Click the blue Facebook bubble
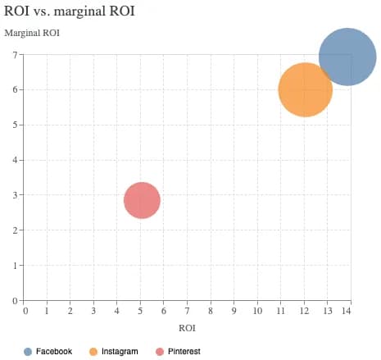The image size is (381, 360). click(347, 57)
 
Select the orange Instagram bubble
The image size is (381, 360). click(305, 90)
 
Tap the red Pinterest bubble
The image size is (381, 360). click(142, 200)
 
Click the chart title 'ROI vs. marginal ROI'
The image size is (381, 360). click(70, 11)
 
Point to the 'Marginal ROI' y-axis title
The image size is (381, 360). click(32, 34)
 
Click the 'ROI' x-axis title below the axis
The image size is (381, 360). click(188, 327)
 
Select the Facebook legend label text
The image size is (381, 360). click(54, 351)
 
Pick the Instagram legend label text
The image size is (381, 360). click(120, 351)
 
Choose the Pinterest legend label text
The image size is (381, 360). click(184, 351)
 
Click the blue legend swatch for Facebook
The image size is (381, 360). click(28, 351)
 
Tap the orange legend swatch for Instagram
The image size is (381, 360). click(93, 351)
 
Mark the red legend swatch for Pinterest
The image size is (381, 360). click(159, 351)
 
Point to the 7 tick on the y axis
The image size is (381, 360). click(16, 55)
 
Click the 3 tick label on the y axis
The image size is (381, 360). click(16, 195)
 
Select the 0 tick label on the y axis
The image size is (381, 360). click(16, 301)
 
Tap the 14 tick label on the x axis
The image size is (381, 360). click(347, 312)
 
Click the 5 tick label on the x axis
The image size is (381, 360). click(140, 312)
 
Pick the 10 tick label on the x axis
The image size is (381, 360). click(256, 312)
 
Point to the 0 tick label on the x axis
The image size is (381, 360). click(25, 312)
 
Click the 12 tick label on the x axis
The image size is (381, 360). click(302, 312)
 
